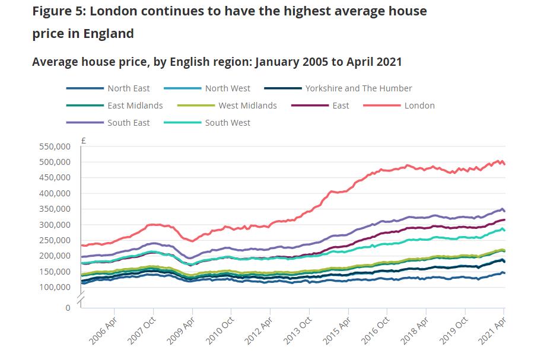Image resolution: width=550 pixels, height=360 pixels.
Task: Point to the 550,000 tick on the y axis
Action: coord(54,146)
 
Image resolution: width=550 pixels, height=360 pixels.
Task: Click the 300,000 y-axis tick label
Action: coord(54,225)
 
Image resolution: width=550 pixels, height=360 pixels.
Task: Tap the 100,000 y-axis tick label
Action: coord(54,288)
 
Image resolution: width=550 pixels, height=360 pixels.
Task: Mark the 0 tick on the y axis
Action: coord(68,308)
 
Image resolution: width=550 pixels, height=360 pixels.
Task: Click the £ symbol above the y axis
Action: coord(84,141)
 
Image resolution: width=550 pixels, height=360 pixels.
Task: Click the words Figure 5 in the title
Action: coord(57,11)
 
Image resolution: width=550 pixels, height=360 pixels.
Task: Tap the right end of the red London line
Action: coord(504,164)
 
